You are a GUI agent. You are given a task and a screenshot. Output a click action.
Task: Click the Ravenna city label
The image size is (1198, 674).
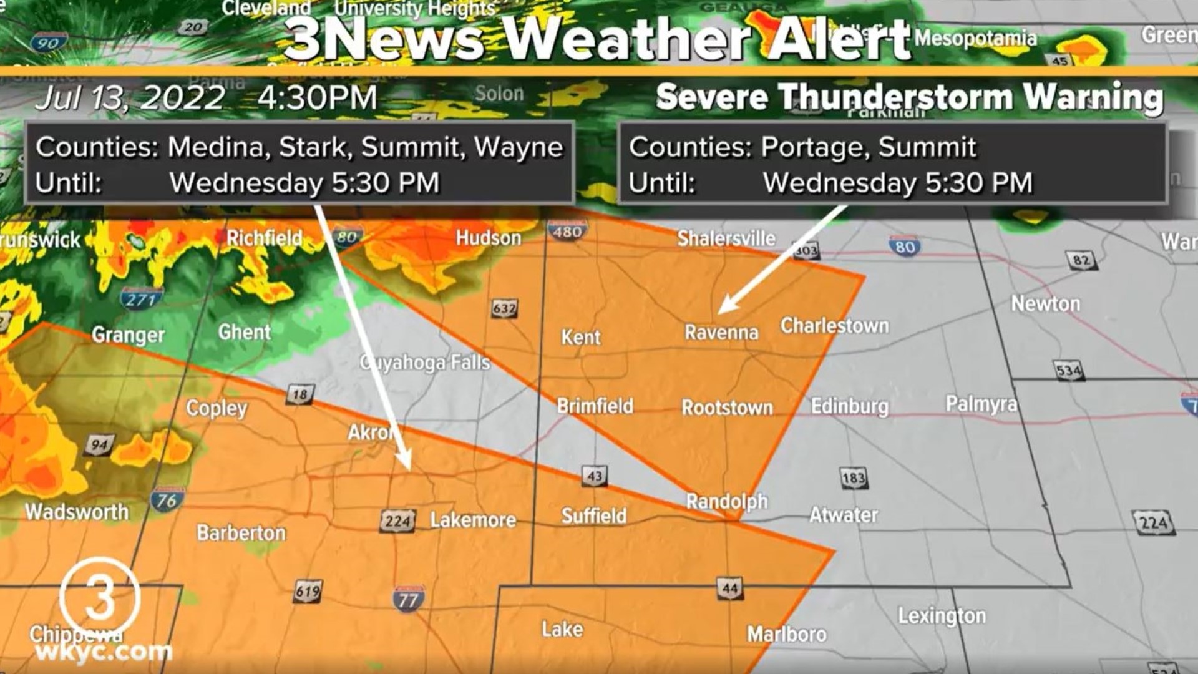point(721,332)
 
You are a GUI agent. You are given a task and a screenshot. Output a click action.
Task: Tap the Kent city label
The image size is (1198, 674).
point(580,337)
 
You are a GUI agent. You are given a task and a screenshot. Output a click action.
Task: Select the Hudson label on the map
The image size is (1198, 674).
point(488,238)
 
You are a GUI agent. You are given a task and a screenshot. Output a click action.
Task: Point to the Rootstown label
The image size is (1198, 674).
point(727,408)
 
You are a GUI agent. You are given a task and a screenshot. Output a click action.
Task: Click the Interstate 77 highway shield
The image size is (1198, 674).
point(409,599)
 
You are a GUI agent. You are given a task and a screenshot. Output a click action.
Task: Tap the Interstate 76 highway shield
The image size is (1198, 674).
point(167,501)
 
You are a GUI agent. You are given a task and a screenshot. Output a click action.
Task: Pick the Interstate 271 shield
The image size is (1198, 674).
point(142,299)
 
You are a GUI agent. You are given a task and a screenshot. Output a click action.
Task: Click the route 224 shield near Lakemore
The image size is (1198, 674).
point(397,521)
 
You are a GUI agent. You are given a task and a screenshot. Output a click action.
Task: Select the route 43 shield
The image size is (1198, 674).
point(594,476)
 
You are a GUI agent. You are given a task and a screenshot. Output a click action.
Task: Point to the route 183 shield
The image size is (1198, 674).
point(853,478)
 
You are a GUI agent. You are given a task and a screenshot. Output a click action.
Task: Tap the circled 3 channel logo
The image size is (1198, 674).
point(100,598)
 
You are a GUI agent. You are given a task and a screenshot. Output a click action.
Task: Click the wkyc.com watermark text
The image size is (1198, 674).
point(104,652)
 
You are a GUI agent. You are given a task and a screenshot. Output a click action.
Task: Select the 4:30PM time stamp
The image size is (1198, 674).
point(317,98)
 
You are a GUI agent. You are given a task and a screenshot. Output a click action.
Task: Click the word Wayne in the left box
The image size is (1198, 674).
point(519,147)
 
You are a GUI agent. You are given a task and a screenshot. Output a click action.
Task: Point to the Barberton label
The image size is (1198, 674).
point(241,532)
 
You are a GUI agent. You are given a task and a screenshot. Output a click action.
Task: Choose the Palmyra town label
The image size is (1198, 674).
point(981,404)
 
